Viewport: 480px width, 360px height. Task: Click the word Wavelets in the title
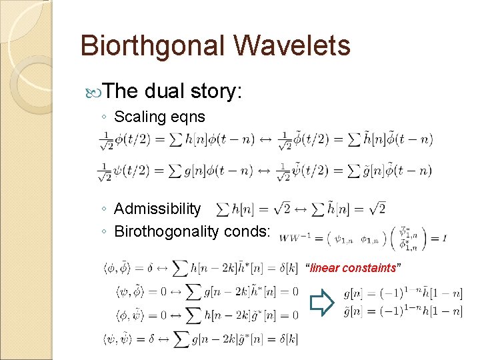coord(293,47)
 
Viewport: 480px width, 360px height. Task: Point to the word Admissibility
coord(157,209)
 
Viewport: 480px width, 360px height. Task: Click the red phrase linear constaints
coord(353,268)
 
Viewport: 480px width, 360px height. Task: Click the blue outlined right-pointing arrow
coord(323,303)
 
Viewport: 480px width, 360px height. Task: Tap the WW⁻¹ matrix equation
coord(363,237)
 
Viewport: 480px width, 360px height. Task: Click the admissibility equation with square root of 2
coord(301,209)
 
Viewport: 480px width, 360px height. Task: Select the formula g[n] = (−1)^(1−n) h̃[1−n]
coord(403,293)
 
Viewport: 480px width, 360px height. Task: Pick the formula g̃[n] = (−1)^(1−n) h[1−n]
coord(403,311)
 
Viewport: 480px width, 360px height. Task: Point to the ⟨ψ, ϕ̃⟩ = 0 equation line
coord(199,291)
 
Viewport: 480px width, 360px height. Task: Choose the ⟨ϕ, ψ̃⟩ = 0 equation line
coord(199,315)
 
